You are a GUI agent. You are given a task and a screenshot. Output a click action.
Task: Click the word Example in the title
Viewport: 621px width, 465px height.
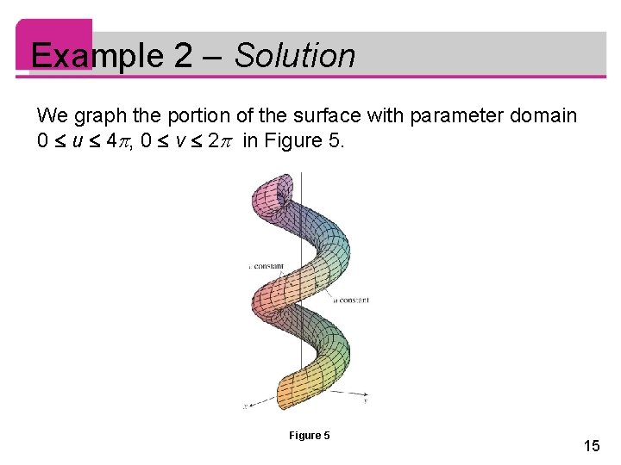[x=96, y=56]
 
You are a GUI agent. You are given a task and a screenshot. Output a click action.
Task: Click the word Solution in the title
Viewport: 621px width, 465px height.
[x=294, y=56]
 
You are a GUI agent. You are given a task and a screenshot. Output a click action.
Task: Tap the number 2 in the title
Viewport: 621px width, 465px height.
[x=184, y=56]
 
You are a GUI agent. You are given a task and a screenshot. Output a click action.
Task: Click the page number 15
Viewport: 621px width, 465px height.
[x=592, y=446]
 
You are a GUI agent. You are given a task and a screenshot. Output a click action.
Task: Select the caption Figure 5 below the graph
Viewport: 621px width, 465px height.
[x=310, y=436]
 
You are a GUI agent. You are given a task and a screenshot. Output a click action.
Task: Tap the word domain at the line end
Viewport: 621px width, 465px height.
[x=544, y=115]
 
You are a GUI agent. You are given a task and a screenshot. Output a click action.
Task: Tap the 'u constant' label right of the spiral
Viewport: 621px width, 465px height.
[x=352, y=301]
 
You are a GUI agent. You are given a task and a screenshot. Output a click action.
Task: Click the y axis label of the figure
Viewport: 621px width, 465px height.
[x=367, y=400]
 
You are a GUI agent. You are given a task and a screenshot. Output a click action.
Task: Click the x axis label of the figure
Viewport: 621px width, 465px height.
[x=246, y=406]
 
